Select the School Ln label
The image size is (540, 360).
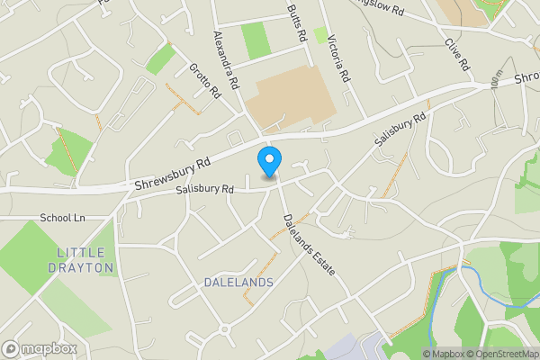pos(62,218)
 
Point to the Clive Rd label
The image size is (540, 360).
pos(457,54)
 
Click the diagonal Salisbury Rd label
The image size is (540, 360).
pos(400,130)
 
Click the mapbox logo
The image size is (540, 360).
pos(39,347)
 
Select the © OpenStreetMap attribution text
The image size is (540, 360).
pos(502,354)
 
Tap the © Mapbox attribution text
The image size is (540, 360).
pos(443,354)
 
